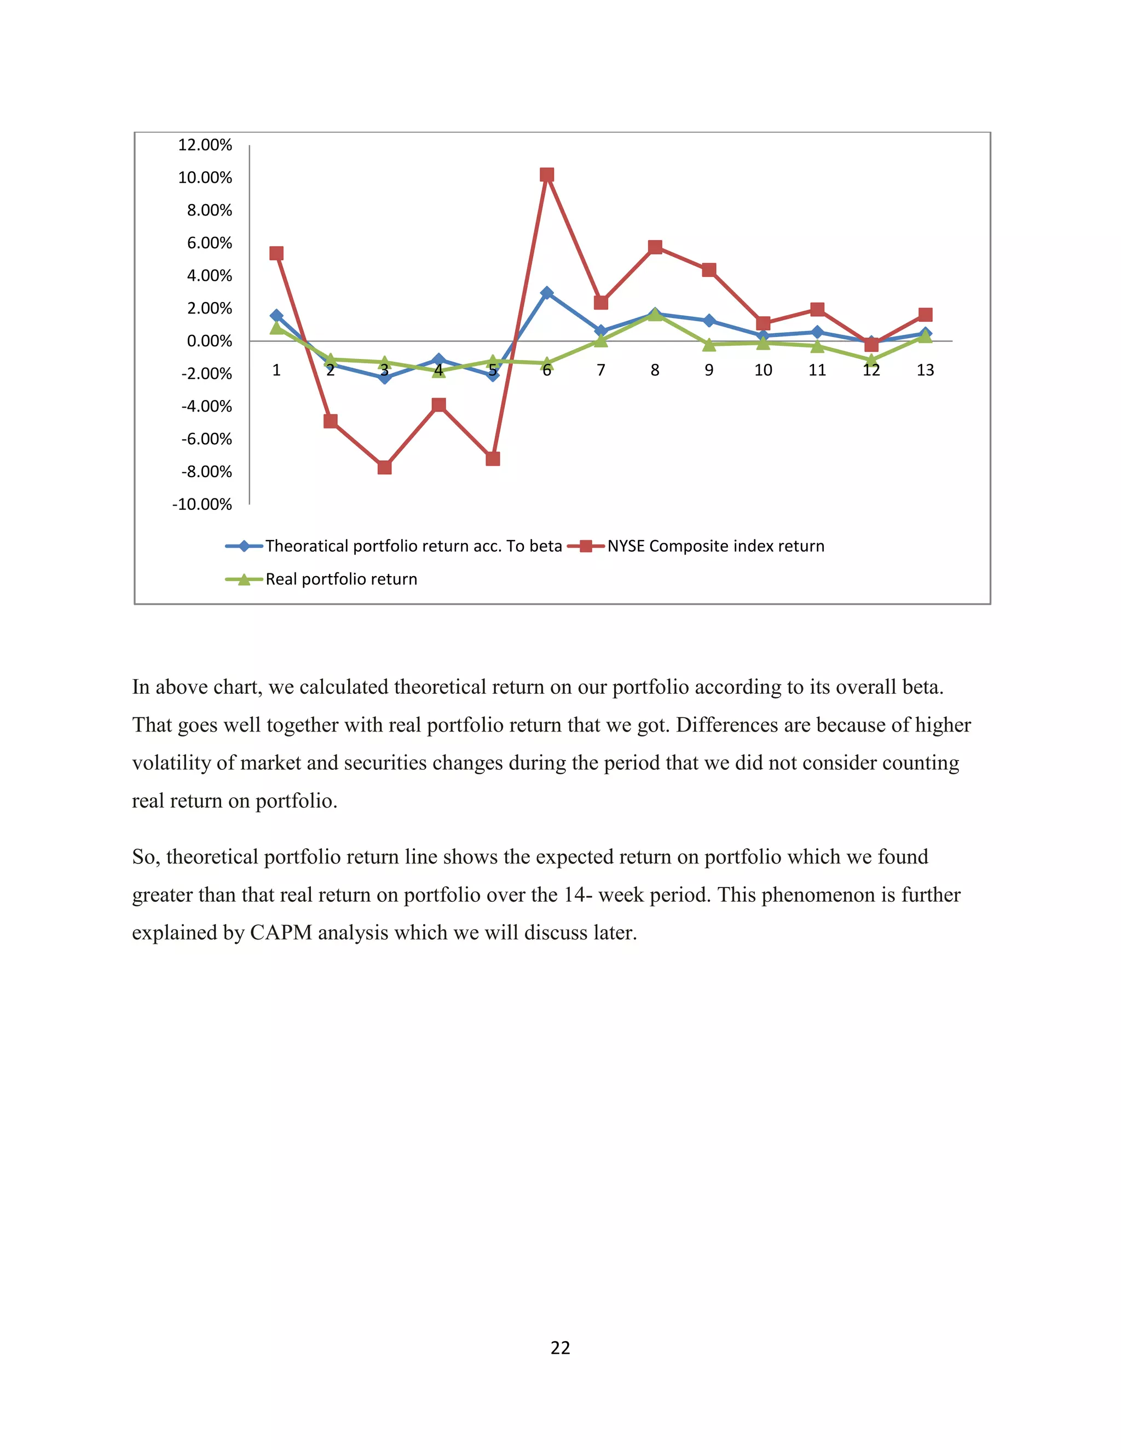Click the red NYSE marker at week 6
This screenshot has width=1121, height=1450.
pos(547,175)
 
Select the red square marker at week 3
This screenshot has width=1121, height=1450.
pos(384,467)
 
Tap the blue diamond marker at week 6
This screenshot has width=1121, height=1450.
pos(547,293)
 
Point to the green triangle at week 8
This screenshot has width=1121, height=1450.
pos(655,315)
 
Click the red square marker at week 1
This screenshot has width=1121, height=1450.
pos(276,253)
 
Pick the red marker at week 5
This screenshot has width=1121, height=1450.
pos(493,459)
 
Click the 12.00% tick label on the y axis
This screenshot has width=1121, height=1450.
pos(205,145)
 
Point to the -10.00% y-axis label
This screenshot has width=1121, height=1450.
pos(202,504)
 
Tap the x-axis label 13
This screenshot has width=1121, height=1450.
pos(925,370)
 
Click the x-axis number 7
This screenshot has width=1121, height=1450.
pos(600,370)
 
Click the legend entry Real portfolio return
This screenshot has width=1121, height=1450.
pos(342,579)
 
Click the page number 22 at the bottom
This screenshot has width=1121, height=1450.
pos(560,1347)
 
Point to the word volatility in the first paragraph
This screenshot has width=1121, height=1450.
pos(171,762)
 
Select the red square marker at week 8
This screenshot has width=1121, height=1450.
pos(655,247)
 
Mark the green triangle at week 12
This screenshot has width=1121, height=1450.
pos(871,361)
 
